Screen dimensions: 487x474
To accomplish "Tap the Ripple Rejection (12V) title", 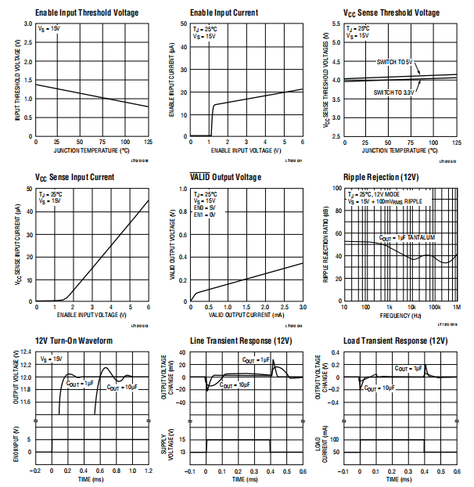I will (x=380, y=178).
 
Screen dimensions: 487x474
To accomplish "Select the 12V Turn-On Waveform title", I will (x=74, y=341).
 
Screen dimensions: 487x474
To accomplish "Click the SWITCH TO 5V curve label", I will (x=395, y=61).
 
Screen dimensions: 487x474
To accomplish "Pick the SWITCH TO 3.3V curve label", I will (x=393, y=92).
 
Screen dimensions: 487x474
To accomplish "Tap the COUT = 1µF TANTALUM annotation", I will (x=407, y=237).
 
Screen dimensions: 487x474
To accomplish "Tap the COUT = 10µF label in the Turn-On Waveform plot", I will (x=123, y=387).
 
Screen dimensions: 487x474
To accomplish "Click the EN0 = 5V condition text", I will (x=205, y=207).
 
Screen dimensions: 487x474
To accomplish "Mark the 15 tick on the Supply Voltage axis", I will (x=181, y=438).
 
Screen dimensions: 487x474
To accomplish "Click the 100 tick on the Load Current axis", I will (x=335, y=438).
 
